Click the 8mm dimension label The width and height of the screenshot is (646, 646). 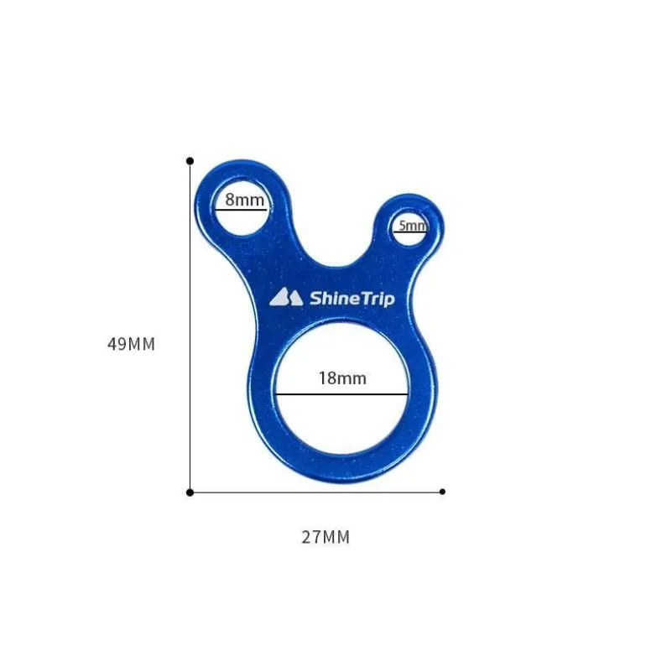(244, 200)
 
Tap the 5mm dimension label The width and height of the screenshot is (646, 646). (413, 226)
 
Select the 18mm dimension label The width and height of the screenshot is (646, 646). (342, 378)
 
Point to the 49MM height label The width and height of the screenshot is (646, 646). (131, 344)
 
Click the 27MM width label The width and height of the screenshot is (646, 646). (326, 537)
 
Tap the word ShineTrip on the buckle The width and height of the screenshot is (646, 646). (352, 299)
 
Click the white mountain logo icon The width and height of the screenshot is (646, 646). (286, 297)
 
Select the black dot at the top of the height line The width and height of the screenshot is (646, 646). (190, 161)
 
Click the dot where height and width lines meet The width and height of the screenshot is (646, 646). (190, 492)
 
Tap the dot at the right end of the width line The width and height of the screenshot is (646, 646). (442, 492)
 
